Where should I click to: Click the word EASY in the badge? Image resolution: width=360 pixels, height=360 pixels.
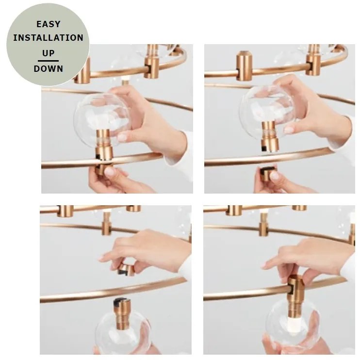click(49, 24)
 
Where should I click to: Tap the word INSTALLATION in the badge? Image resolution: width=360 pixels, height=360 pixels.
click(48, 38)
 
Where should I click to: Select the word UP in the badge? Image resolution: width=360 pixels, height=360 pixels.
click(48, 53)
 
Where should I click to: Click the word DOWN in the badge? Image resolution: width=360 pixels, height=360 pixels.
click(48, 68)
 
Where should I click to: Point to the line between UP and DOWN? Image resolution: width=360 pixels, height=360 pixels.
click(48, 61)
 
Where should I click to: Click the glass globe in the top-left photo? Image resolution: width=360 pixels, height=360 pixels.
click(102, 119)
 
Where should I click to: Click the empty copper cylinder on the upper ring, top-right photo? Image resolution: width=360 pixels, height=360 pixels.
click(244, 66)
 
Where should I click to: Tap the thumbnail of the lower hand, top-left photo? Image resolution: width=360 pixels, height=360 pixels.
click(110, 171)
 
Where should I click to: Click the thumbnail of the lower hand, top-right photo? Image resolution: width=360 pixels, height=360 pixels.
click(274, 176)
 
